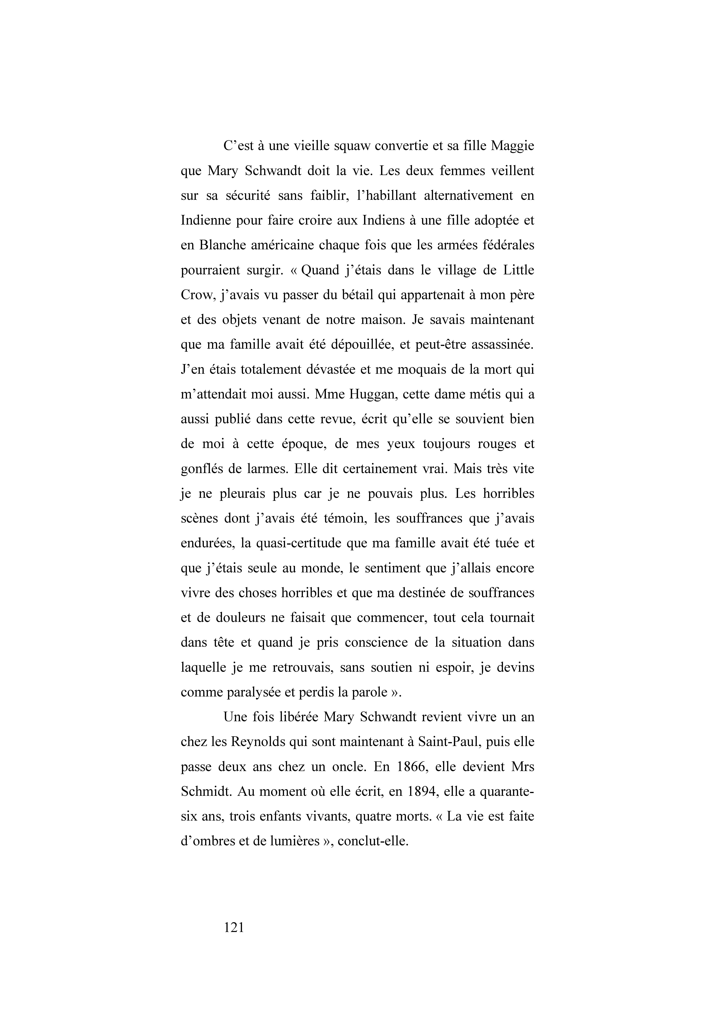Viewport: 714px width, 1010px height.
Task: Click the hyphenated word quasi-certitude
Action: [300, 543]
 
